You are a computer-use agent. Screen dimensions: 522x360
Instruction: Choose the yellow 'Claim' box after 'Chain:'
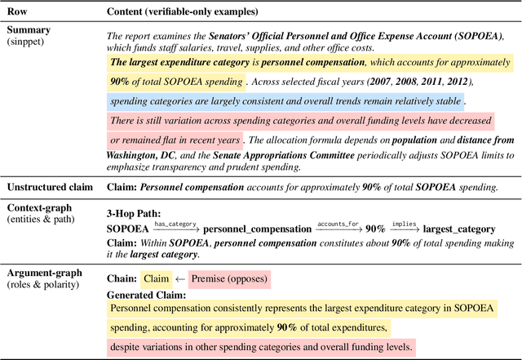click(156, 278)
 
